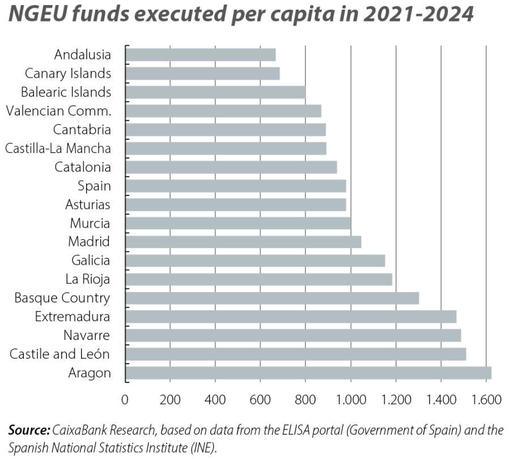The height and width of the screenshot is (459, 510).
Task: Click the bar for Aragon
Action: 308,373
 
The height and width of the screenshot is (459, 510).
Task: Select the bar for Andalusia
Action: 200,55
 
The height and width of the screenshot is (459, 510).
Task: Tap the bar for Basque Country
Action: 271,298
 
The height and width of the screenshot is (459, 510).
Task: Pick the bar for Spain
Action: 235,186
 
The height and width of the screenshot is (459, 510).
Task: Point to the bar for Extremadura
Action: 290,317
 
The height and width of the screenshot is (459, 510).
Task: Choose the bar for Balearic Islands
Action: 215,92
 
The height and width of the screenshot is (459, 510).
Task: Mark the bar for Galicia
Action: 254,261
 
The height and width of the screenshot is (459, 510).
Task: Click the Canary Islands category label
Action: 68,74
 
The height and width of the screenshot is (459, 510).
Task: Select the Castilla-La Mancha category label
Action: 58,148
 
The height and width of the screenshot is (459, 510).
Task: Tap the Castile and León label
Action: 60,354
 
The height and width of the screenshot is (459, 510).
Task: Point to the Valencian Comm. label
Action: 58,111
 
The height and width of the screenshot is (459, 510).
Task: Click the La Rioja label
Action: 88,279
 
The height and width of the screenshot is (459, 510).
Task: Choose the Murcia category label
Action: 90,223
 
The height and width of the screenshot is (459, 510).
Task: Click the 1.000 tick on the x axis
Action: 351,399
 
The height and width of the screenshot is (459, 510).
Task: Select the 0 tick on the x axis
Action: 125,399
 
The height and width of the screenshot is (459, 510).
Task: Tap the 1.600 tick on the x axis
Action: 486,399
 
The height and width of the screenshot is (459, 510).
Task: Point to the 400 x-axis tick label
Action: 215,399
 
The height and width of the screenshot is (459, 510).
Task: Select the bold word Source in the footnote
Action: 29,431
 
